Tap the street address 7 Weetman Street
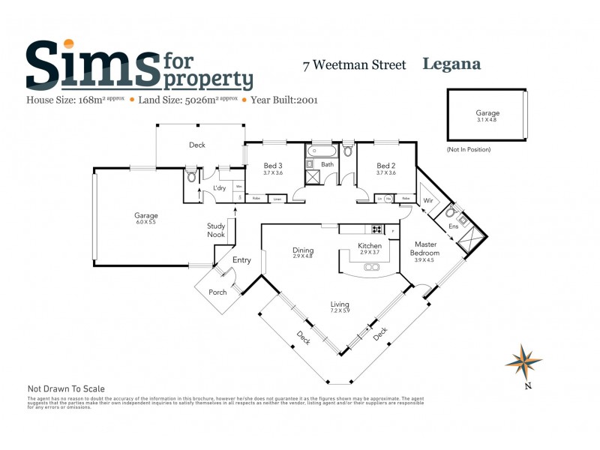[354, 65]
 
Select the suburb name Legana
[451, 64]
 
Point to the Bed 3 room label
[273, 166]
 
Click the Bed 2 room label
[385, 166]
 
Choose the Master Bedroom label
[425, 248]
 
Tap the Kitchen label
[370, 246]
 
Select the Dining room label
[303, 250]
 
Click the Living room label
[340, 304]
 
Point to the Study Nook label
[216, 229]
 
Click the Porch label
[217, 292]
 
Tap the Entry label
[241, 260]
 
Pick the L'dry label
[220, 187]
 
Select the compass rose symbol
[523, 362]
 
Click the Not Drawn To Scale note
[66, 389]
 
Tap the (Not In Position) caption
[469, 150]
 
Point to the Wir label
[428, 201]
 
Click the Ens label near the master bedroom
[453, 225]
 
